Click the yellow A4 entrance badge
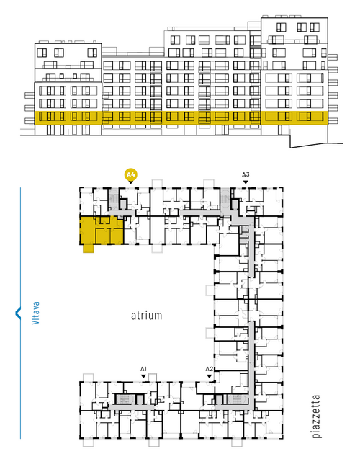click(131, 175)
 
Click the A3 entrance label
click(246, 175)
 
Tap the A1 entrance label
click(143, 369)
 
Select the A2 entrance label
click(209, 369)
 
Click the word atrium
click(146, 316)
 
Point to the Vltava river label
click(35, 313)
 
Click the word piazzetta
click(316, 416)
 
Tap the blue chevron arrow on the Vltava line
click(18, 313)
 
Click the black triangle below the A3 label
click(246, 182)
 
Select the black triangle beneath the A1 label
click(143, 376)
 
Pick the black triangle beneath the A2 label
click(209, 376)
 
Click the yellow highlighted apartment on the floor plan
click(102, 231)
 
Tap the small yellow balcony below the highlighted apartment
click(89, 248)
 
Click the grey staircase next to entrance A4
click(114, 199)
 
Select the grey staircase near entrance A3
click(225, 199)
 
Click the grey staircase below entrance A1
click(125, 399)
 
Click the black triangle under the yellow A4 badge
click(131, 182)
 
